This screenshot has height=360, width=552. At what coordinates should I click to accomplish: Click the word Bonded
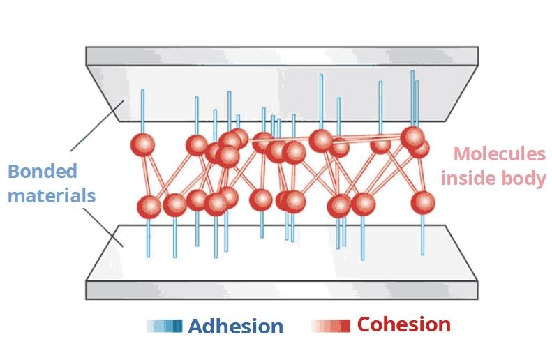pos(42,172)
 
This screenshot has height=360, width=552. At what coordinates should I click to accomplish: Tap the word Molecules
pos(498,155)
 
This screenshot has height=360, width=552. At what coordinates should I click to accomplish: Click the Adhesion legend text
pos(236,327)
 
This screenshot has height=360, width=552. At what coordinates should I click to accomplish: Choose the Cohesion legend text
pos(403,324)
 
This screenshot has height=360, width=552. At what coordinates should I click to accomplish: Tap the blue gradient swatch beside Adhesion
pos(165,327)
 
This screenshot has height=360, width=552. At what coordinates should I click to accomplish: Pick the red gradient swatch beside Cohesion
pos(331,326)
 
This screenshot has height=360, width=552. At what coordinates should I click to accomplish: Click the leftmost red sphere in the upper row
pos(142,145)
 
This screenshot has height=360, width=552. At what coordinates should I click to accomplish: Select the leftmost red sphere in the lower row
pos(149,207)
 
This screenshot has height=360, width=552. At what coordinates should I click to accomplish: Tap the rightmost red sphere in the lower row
pos(422,203)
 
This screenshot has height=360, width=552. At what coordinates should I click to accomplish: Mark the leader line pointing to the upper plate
pos(97,125)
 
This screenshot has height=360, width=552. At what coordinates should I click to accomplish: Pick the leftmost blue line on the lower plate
pos(148,238)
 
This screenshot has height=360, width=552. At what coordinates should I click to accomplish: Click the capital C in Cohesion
pos(364,324)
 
